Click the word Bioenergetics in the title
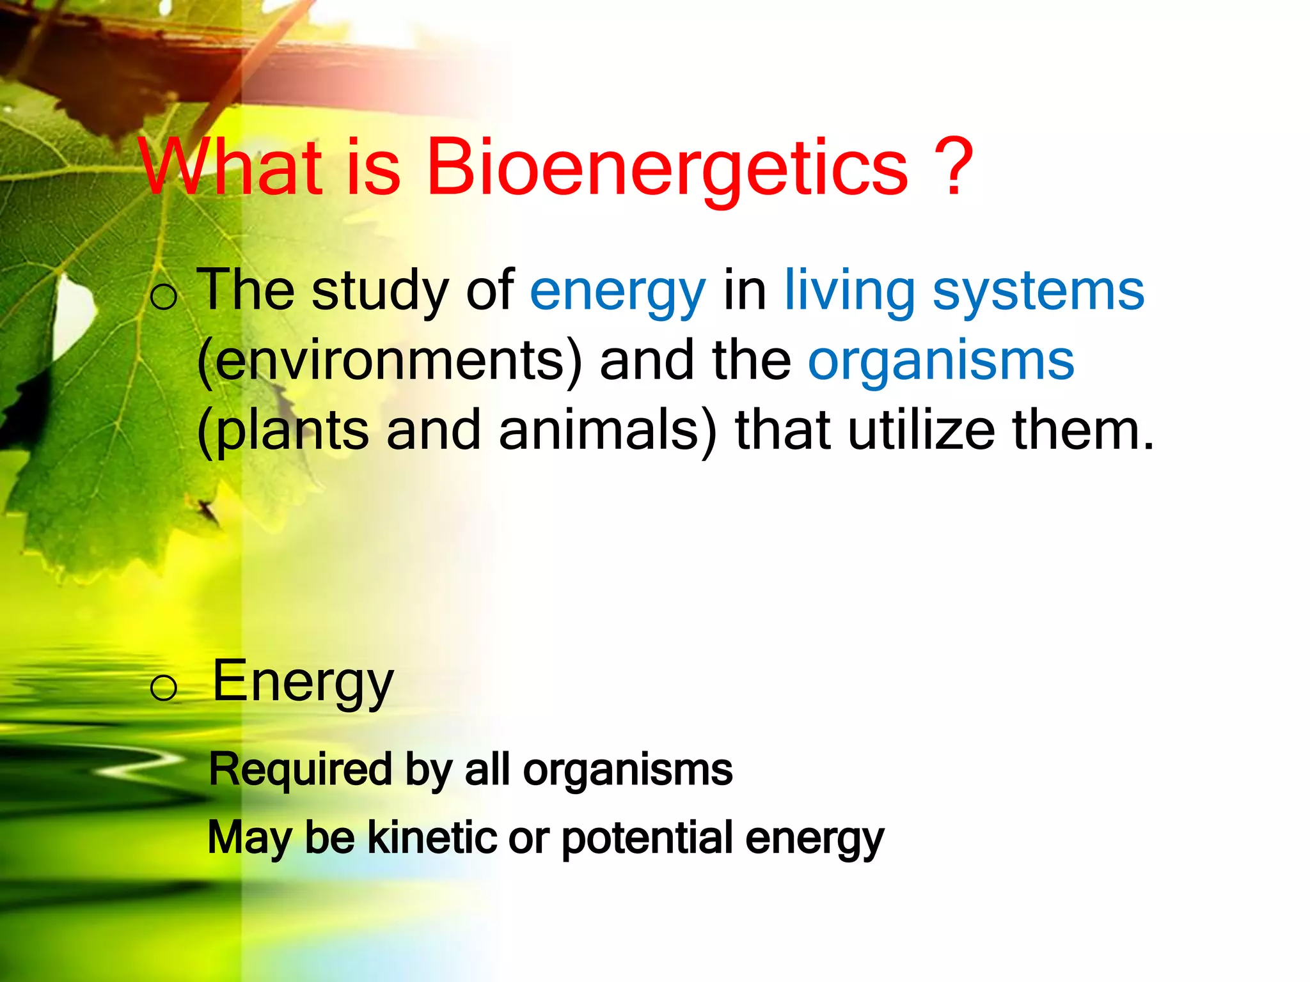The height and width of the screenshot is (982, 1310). [667, 168]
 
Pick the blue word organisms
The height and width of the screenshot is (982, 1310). [941, 362]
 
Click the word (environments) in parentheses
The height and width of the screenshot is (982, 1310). [390, 362]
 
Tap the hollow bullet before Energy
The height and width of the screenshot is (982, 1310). [164, 688]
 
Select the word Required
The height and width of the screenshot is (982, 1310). [300, 770]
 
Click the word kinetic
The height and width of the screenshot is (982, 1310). [432, 838]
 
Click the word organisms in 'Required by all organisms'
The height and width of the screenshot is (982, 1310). [627, 770]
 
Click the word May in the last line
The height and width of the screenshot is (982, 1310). [249, 839]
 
